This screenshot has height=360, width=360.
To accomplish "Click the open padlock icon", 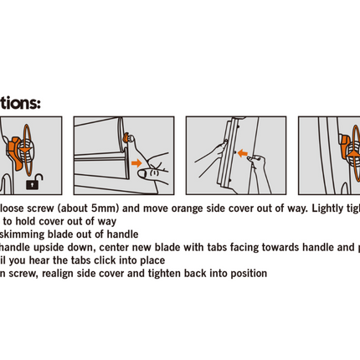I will (33, 182).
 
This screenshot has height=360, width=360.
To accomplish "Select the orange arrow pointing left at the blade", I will (243, 153).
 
